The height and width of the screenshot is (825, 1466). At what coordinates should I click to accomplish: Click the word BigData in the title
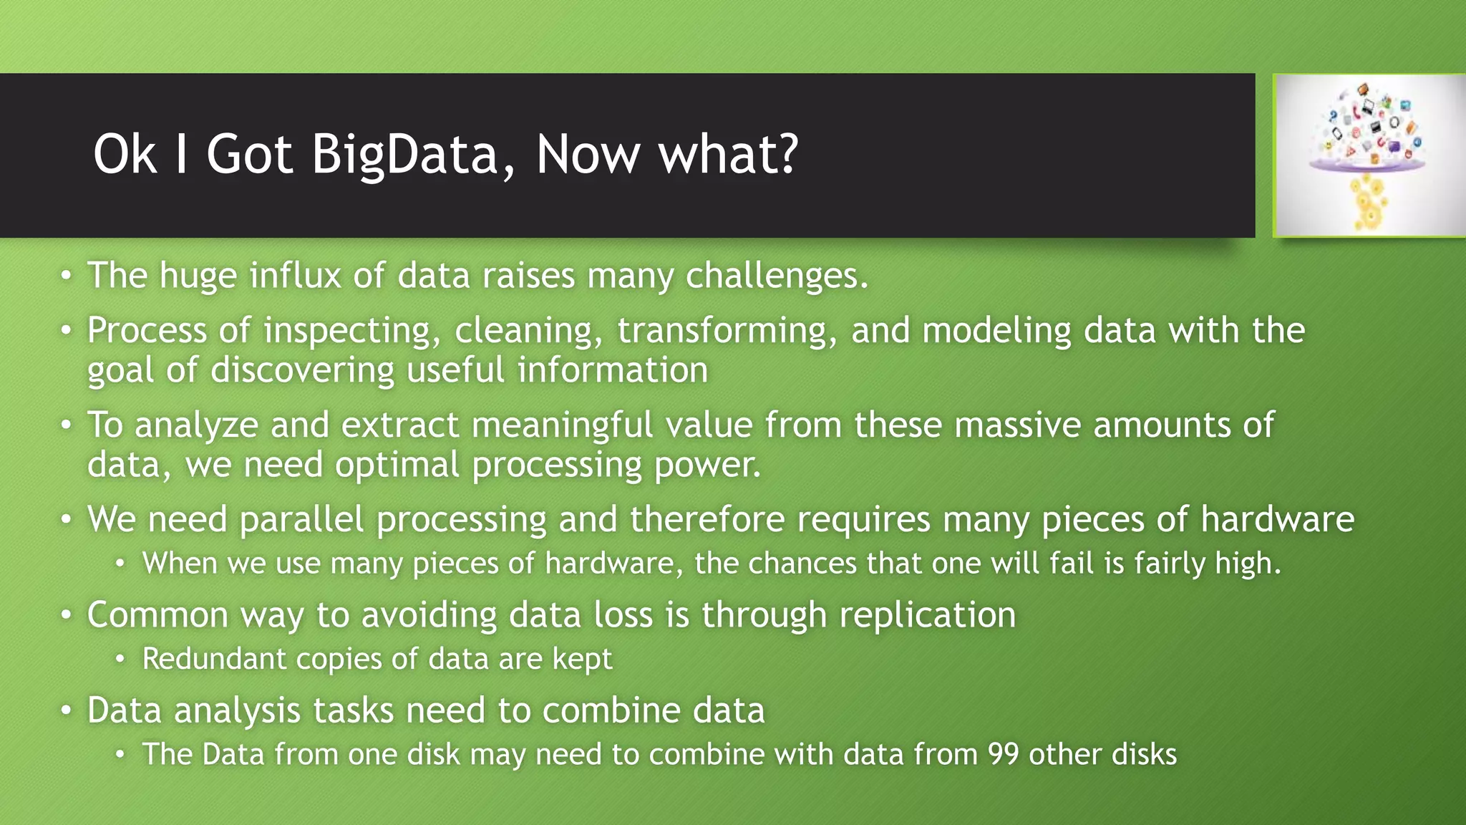(x=404, y=155)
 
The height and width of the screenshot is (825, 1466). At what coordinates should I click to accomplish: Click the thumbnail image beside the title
(x=1368, y=155)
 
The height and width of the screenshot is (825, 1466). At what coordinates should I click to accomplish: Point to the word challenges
(x=777, y=276)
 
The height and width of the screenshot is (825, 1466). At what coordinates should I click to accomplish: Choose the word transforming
(x=727, y=331)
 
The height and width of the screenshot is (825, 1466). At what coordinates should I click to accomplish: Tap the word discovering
(x=302, y=370)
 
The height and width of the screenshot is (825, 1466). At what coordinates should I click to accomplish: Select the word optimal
(x=397, y=465)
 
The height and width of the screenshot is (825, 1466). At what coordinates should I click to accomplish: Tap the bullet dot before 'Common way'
(x=66, y=615)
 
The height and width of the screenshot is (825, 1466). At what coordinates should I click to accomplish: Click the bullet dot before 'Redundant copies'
(x=120, y=659)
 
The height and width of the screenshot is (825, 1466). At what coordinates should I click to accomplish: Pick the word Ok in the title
(x=125, y=155)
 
